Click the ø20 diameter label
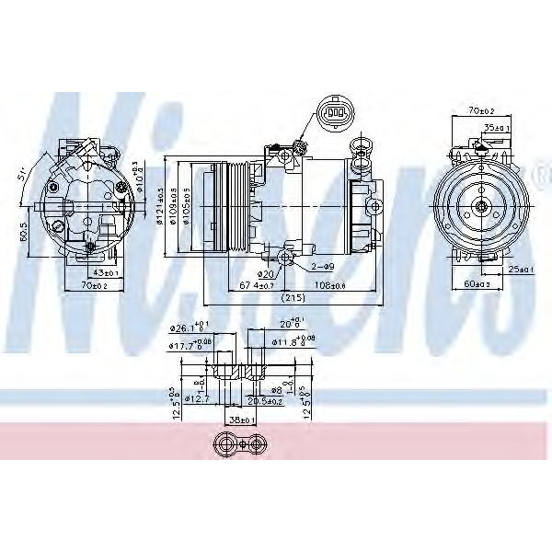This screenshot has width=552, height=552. (x=266, y=273)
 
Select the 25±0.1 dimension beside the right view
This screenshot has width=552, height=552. (x=520, y=270)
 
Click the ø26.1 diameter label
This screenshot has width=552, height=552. (x=190, y=328)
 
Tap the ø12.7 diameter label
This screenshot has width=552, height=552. (x=197, y=398)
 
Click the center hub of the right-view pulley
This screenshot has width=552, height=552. (x=483, y=207)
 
